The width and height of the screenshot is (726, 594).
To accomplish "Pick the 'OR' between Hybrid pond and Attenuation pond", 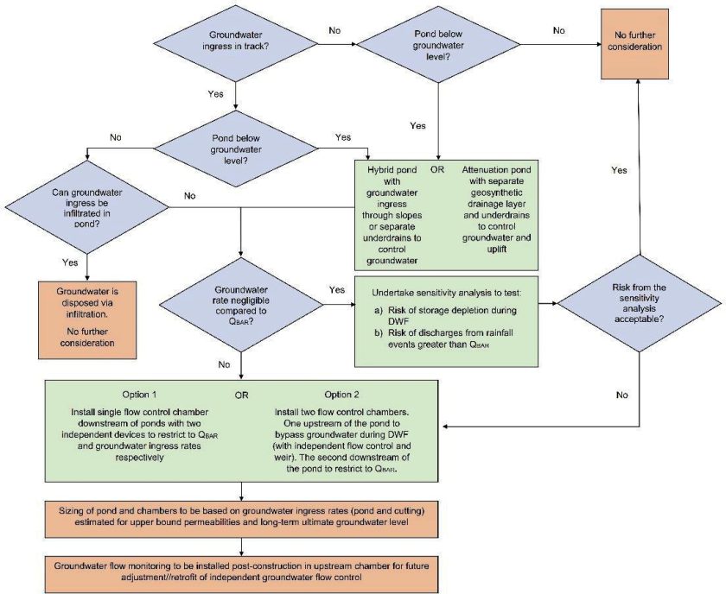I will pos(437,169).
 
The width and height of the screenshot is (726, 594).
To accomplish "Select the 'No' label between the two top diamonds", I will pos(334,30).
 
